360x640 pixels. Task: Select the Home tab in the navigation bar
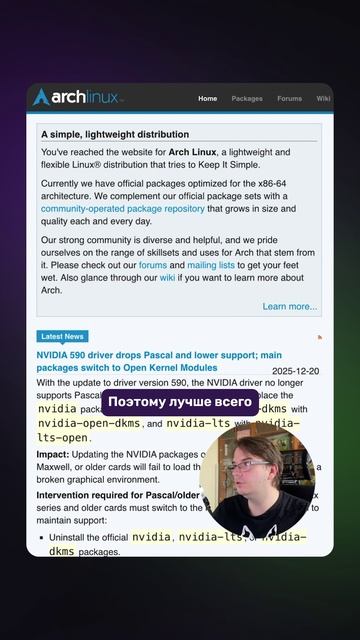pyautogui.click(x=207, y=99)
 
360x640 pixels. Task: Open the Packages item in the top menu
pyautogui.click(x=247, y=99)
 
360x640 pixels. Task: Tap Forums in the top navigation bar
pyautogui.click(x=289, y=99)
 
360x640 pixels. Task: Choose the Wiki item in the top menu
pyautogui.click(x=323, y=99)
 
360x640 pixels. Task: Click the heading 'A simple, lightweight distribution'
pyautogui.click(x=115, y=134)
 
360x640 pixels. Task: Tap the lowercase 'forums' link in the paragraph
pyautogui.click(x=153, y=265)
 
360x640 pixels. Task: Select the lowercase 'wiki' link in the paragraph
pyautogui.click(x=167, y=278)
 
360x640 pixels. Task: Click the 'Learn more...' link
pyautogui.click(x=290, y=306)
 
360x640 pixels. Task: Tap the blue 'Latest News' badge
pyautogui.click(x=62, y=336)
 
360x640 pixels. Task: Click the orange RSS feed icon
pyautogui.click(x=319, y=338)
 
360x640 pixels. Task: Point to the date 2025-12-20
pyautogui.click(x=295, y=371)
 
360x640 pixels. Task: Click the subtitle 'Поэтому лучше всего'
pyautogui.click(x=180, y=402)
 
